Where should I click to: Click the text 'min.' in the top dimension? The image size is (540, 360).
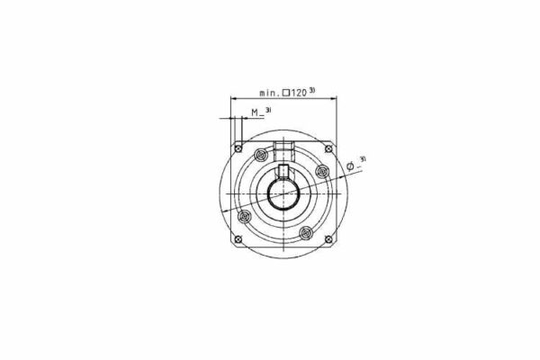click(269, 93)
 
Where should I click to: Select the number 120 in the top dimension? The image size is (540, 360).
click(298, 93)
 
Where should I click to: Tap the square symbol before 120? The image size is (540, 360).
click(285, 93)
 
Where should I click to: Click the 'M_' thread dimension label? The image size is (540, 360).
click(256, 112)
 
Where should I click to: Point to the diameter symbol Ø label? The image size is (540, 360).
click(351, 166)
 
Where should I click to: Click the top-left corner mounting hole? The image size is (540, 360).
click(238, 147)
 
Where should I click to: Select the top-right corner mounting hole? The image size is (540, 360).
click(329, 147)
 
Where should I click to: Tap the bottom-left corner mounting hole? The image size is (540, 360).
click(238, 238)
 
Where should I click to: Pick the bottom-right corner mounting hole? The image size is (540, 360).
click(329, 238)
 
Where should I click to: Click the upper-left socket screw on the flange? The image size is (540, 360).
click(261, 155)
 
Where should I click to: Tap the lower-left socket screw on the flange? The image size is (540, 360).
click(242, 215)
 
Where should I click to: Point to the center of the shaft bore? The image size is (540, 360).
click(283, 193)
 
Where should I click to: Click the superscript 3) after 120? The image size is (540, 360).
click(312, 90)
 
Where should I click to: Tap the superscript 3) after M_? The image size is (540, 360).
click(268, 110)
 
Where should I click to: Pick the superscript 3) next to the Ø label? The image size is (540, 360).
click(362, 160)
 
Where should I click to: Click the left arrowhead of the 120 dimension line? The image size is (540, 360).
click(235, 98)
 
